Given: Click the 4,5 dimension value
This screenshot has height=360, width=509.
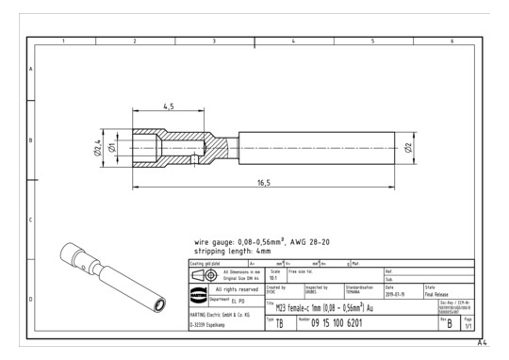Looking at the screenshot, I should click(169, 106).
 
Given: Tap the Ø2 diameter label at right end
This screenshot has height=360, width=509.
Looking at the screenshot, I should click(408, 148).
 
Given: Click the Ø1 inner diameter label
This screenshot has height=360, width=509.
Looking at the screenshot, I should click(113, 149).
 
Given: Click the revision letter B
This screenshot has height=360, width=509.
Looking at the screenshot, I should click(449, 323).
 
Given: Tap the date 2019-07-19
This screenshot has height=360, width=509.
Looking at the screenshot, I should click(397, 292).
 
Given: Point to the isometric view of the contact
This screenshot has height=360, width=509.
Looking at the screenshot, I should click(108, 277).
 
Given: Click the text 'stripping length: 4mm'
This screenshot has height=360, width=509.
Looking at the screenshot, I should click(233, 252).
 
